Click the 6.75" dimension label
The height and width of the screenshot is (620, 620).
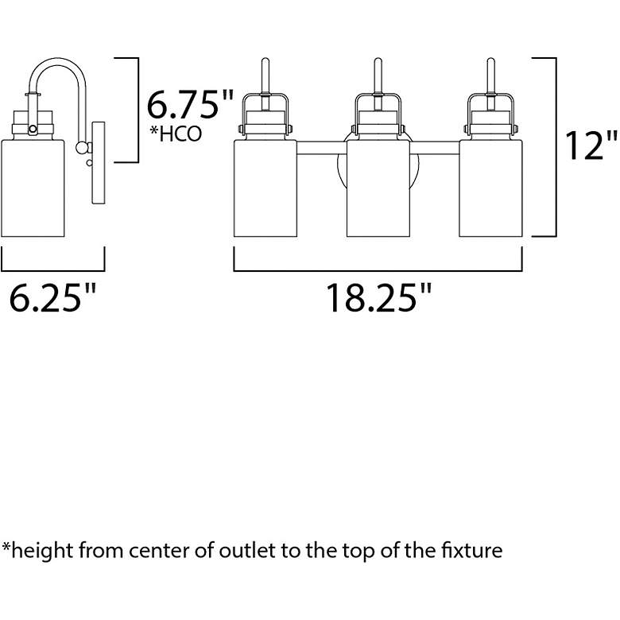coord(190,105)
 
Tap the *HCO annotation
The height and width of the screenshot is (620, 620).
coord(176,134)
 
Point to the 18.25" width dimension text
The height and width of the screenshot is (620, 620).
coord(378,298)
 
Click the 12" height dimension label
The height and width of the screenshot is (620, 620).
coord(591,145)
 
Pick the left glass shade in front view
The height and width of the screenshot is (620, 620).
coord(265,188)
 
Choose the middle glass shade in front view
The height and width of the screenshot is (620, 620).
coord(378,188)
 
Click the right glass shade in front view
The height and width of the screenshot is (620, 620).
coord(490,188)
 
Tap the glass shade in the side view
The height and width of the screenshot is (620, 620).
coord(33,188)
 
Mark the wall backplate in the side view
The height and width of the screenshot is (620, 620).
coord(99,163)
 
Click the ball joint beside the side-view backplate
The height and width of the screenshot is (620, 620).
coord(82,148)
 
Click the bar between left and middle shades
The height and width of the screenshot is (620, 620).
coord(322,148)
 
